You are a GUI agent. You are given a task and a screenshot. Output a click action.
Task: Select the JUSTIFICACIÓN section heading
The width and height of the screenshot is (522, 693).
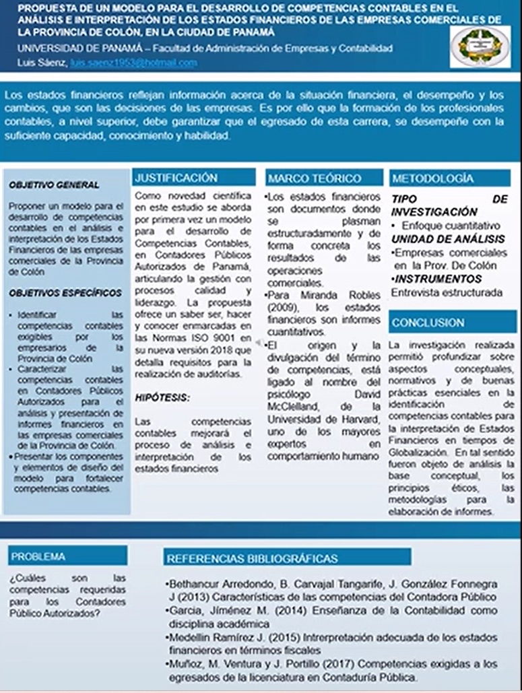click(176, 178)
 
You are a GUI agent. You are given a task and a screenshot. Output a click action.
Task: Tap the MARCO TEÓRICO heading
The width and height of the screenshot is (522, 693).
click(315, 178)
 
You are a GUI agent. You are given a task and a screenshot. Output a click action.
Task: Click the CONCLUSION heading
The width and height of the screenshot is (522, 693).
click(428, 323)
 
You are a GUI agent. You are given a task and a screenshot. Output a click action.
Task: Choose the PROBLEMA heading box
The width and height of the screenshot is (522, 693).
click(38, 556)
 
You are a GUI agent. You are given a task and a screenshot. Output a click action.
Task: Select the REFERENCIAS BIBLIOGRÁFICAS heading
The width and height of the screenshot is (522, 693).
click(253, 558)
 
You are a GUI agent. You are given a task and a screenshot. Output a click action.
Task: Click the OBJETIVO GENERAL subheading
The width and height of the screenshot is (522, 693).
click(55, 185)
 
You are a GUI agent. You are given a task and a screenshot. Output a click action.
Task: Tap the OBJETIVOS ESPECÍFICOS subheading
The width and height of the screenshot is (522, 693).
click(66, 293)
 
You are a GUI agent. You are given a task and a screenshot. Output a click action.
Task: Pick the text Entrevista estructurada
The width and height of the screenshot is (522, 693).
click(447, 292)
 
